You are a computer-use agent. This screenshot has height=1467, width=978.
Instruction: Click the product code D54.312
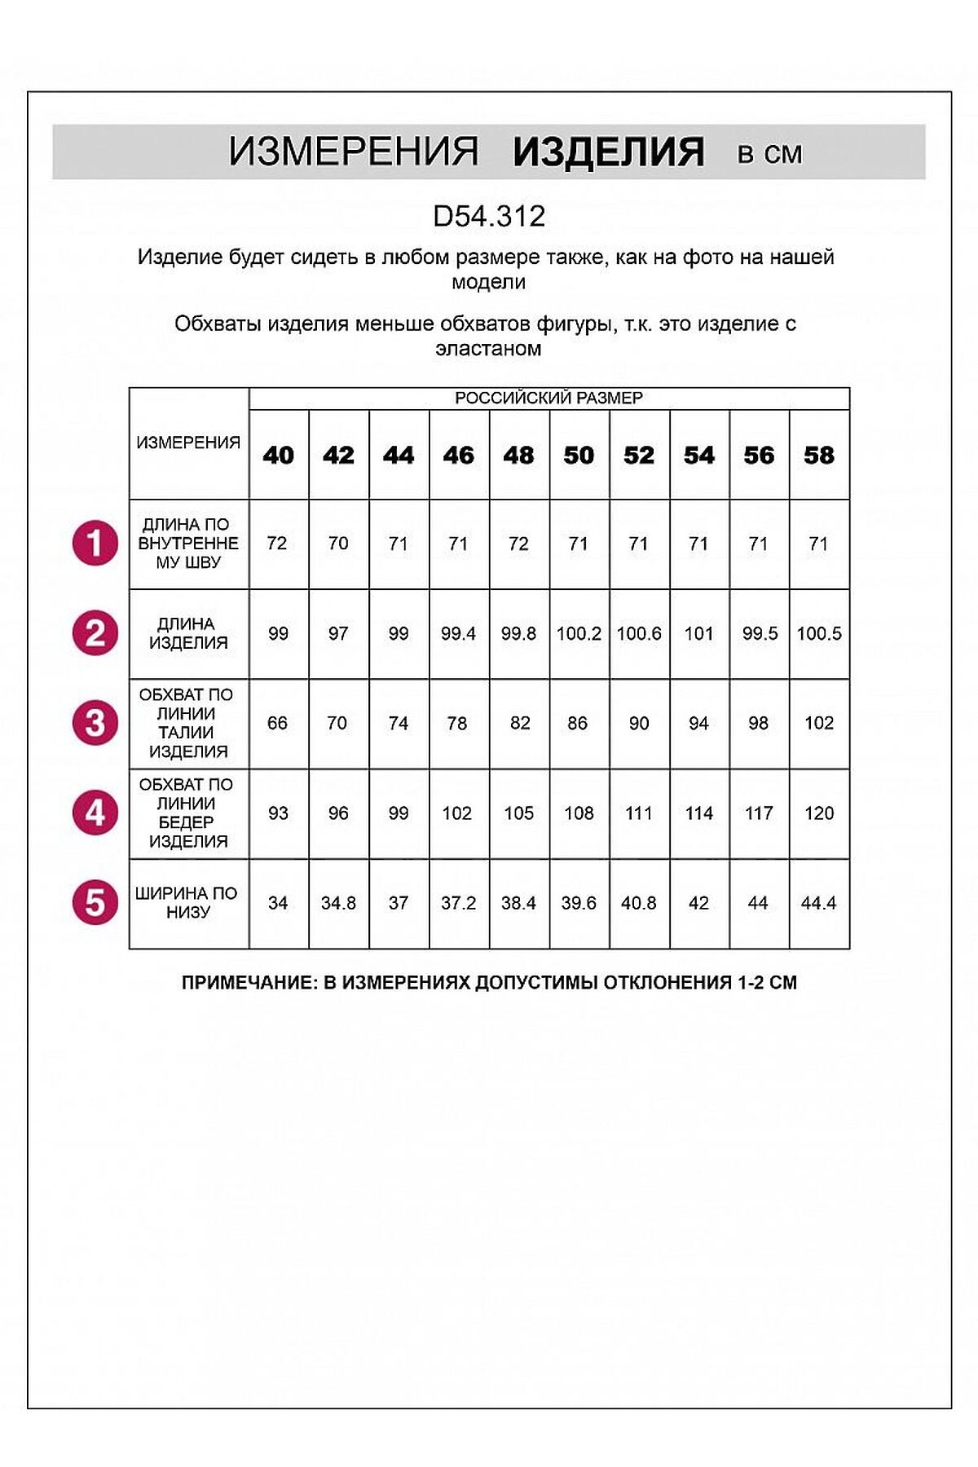(489, 216)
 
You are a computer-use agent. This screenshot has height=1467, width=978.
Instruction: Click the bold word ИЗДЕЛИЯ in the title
(608, 152)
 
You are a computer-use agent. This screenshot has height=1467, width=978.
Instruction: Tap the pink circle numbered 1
(95, 544)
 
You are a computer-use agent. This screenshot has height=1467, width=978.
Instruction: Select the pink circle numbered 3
(95, 723)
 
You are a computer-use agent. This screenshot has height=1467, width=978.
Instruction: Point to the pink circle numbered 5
(95, 903)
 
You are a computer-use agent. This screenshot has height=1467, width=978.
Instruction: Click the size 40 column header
(279, 455)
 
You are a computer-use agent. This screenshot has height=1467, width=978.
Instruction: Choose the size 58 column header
(819, 455)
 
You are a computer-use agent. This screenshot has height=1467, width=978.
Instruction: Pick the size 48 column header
(519, 455)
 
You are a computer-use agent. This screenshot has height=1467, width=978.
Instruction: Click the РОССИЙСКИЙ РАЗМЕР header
(548, 398)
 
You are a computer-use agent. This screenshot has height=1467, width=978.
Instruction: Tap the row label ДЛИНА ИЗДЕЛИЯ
(188, 633)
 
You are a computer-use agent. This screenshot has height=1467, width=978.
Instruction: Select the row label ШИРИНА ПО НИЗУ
(188, 902)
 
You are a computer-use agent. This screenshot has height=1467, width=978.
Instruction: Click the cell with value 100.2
(579, 633)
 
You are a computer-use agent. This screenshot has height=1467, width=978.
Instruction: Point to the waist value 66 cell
(278, 723)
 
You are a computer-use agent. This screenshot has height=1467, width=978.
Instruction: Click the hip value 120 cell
(819, 813)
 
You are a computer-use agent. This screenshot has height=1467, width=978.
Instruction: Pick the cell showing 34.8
(338, 903)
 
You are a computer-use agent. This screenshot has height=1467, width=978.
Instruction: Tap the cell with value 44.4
(819, 903)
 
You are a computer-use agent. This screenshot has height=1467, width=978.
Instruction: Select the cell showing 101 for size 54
(699, 633)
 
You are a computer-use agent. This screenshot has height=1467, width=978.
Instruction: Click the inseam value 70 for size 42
(338, 544)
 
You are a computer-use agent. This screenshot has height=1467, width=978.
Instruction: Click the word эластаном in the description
(488, 349)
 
